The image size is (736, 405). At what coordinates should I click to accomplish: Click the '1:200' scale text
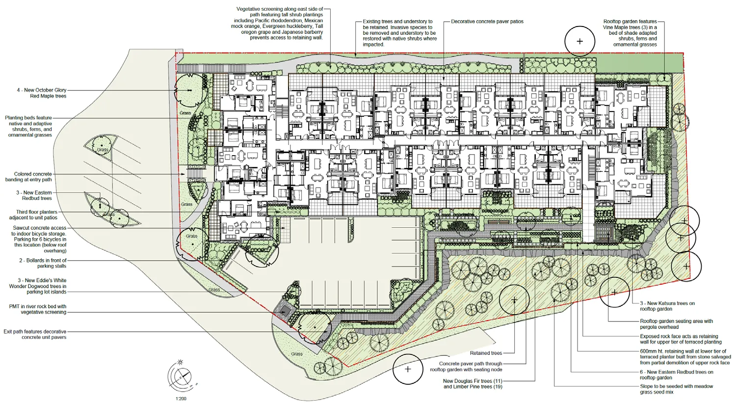pos(181,399)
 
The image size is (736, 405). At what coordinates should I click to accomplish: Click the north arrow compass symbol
pos(181,375)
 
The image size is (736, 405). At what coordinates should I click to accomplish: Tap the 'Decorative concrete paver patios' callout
pos(487,22)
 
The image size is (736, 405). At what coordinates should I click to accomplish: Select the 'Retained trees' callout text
pos(486,353)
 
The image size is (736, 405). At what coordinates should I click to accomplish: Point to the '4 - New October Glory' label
pos(42,90)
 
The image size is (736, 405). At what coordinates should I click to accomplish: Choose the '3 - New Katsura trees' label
pos(667,303)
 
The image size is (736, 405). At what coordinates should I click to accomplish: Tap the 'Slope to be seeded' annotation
pos(677,389)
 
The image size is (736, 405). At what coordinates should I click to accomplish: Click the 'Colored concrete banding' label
pos(28,177)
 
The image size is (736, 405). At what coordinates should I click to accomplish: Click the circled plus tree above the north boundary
pos(579,41)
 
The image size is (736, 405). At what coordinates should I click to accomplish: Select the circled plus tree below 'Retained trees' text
pos(408,369)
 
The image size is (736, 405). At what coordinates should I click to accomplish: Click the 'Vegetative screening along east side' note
pos(277,24)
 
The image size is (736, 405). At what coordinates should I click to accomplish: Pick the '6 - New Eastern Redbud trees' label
pos(677,375)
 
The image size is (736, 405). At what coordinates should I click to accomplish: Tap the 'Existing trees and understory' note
pos(400,33)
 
